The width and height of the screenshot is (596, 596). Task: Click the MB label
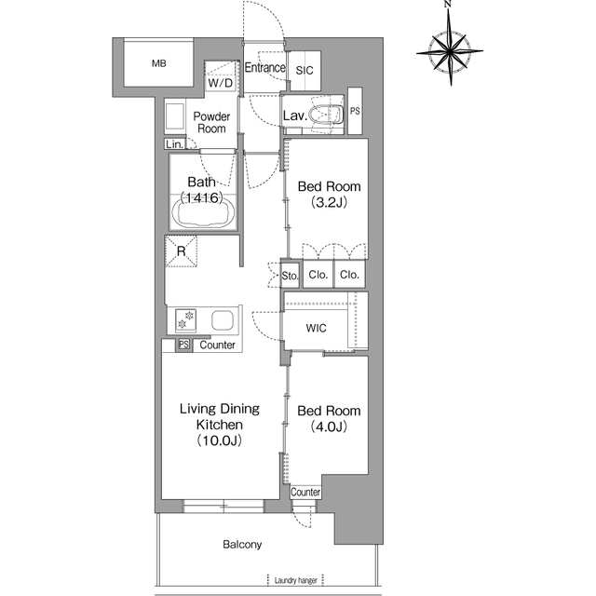point(159,63)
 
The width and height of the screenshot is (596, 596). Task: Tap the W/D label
point(221,83)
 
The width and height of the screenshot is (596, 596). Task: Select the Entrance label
point(264,68)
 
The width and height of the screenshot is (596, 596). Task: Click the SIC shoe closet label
point(305,71)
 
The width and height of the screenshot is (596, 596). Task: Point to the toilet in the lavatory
point(325,115)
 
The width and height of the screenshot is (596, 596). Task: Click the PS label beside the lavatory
point(355,111)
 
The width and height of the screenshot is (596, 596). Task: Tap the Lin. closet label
point(175,144)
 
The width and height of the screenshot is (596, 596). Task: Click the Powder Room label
point(211,122)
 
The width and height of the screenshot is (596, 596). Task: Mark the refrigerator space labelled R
point(182,251)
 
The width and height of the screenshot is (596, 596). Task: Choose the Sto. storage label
point(290,276)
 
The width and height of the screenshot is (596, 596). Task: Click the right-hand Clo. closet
point(349,275)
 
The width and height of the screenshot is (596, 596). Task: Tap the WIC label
point(317,328)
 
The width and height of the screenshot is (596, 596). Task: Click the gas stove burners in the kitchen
point(186,320)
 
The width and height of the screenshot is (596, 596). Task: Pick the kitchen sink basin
point(223,320)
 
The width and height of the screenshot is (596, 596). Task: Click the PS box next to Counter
point(184,345)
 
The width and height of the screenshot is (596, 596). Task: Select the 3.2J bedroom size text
point(329,202)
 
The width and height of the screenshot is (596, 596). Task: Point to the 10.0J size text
point(220,440)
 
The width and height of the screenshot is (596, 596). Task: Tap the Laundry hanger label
point(296,580)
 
